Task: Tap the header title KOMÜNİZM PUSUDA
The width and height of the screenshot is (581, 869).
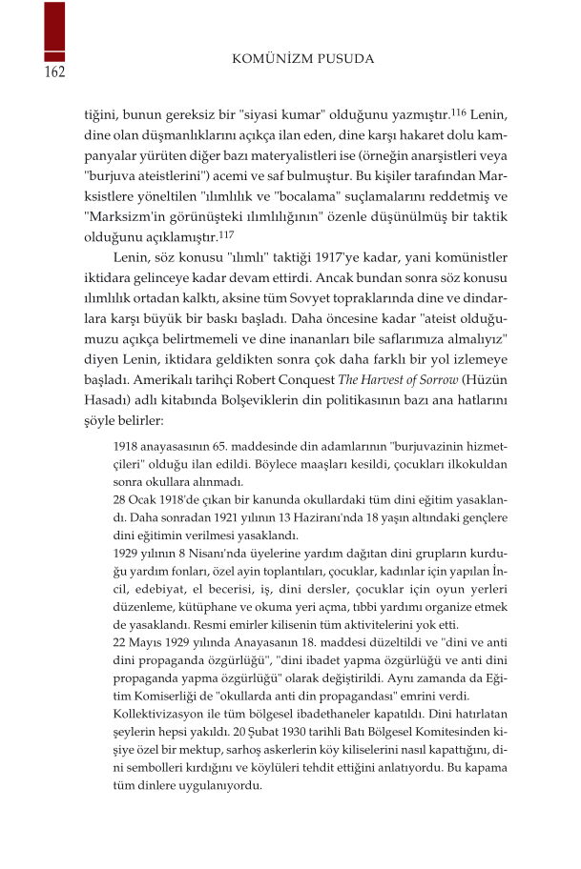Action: pyautogui.click(x=303, y=59)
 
